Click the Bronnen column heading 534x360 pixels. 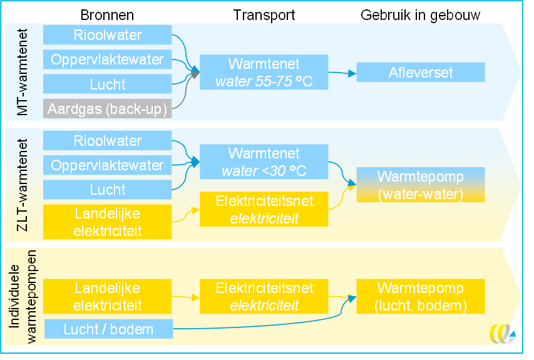point(107,15)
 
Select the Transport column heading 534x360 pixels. point(264,15)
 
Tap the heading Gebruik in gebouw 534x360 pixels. point(420,15)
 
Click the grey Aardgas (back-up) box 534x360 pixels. point(107,109)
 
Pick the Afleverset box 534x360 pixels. point(421,72)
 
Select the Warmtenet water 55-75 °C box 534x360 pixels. point(264,72)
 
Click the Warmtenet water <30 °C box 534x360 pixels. point(264,162)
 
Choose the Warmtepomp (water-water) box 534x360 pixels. point(421,185)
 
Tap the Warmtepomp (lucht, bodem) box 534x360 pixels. point(421,297)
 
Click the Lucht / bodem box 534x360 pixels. point(109,329)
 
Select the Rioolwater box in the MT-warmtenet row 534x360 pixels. point(107,34)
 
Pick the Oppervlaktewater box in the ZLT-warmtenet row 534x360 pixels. point(107,165)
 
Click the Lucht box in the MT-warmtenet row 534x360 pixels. point(107,84)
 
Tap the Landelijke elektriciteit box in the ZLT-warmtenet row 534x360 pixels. point(107,222)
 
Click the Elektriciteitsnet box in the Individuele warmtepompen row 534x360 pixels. point(264,297)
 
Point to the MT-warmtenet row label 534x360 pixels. point(23,72)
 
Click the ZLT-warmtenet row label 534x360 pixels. point(23,185)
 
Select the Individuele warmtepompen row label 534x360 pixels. point(23,297)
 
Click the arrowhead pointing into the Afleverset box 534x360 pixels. point(352,73)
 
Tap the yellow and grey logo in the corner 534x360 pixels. point(502,334)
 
